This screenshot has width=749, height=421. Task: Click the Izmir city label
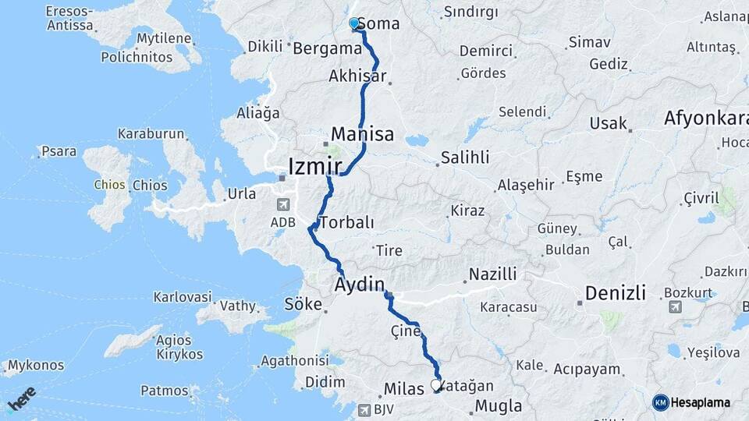pyautogui.click(x=315, y=166)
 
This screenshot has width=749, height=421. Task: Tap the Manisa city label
pyautogui.click(x=362, y=133)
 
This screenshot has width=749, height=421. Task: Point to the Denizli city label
pyautogui.click(x=615, y=293)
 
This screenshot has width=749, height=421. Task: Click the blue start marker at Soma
pyautogui.click(x=354, y=24)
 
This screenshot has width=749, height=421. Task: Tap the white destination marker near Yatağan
pyautogui.click(x=436, y=385)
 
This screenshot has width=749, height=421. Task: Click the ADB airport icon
pyautogui.click(x=282, y=205)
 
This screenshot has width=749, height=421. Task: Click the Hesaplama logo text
pyautogui.click(x=700, y=402)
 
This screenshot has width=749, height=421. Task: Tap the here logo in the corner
pyautogui.click(x=22, y=398)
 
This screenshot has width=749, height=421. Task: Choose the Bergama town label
pyautogui.click(x=327, y=48)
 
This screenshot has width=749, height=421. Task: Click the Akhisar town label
pyautogui.click(x=357, y=76)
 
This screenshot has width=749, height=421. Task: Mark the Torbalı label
pyautogui.click(x=346, y=222)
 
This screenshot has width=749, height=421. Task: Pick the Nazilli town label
pyautogui.click(x=492, y=274)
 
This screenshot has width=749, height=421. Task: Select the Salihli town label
pyautogui.click(x=465, y=157)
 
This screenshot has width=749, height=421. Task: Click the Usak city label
pyautogui.click(x=608, y=123)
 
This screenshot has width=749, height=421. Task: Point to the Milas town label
pyautogui.click(x=404, y=389)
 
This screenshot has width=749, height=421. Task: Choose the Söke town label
pyautogui.click(x=303, y=304)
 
